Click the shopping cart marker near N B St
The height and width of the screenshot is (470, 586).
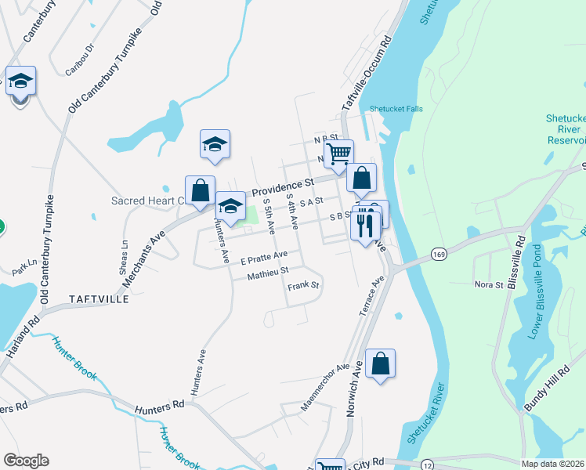(338, 152)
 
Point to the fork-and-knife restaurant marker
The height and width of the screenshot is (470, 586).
(366, 226)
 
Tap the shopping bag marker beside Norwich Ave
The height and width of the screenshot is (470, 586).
(380, 363)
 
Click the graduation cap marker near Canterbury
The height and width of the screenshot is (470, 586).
(21, 80)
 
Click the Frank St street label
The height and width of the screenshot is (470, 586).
(303, 286)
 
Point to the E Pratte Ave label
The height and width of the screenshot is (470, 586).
(264, 255)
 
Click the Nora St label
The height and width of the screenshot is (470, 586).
(488, 284)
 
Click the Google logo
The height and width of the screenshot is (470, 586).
(26, 461)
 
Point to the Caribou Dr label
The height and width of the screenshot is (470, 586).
(79, 59)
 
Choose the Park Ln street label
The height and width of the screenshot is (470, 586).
(24, 267)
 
